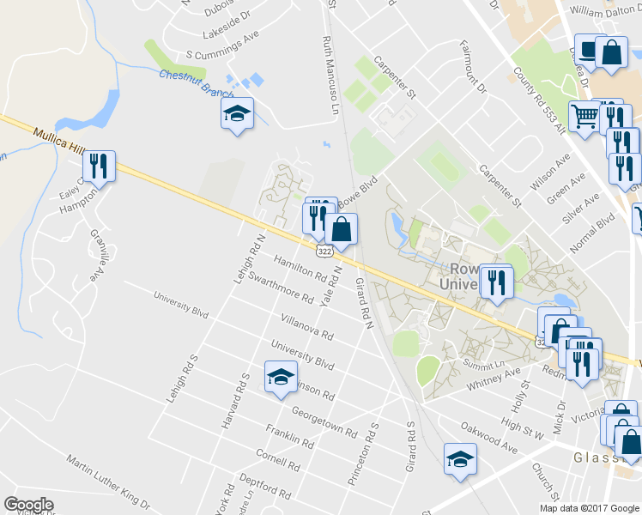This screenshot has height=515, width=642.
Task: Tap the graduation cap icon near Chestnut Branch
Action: point(237,113)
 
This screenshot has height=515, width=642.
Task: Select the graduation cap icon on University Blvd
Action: point(281,378)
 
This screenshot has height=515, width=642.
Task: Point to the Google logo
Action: point(28,505)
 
